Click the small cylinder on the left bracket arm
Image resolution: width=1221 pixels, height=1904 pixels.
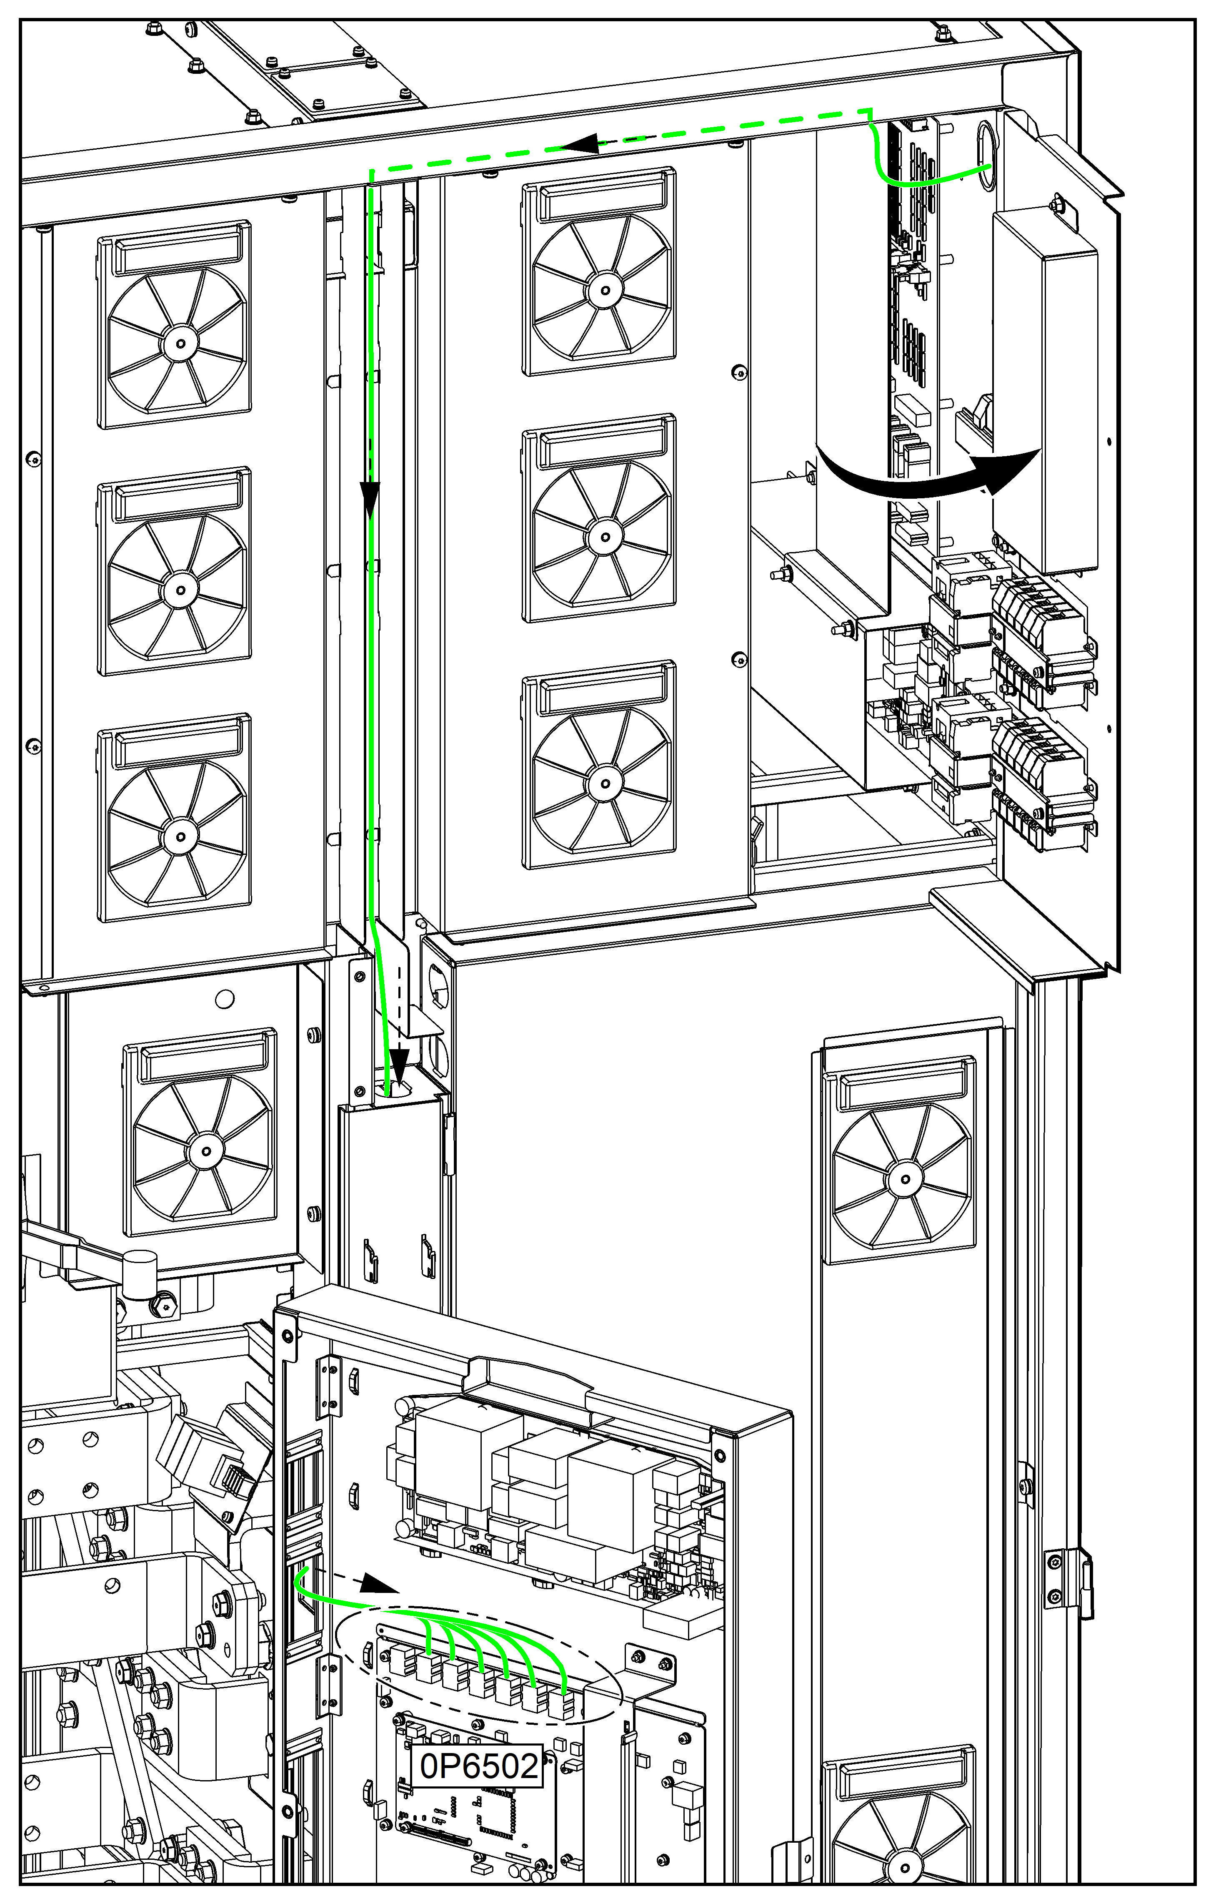(141, 1274)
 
